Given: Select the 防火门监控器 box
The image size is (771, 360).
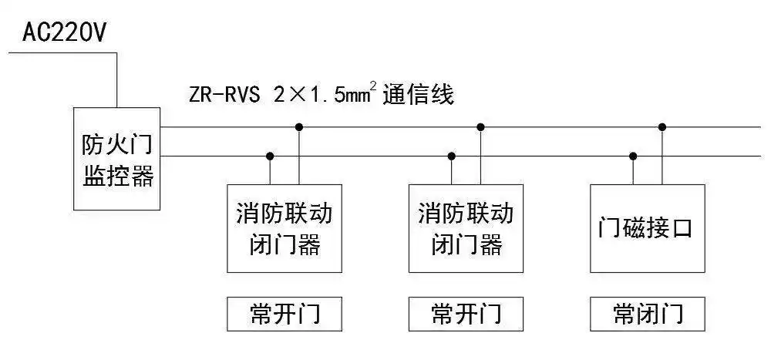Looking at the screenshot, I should click(117, 159).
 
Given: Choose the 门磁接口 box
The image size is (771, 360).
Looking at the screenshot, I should click(648, 228).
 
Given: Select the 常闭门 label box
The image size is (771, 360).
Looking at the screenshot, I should click(648, 314).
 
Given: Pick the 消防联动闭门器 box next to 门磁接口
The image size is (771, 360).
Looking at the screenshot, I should click(466, 228).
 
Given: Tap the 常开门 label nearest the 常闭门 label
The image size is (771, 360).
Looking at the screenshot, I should click(466, 314).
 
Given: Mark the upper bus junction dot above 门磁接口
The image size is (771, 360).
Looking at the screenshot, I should click(662, 126).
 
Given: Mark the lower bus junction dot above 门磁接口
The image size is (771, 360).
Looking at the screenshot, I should click(633, 156).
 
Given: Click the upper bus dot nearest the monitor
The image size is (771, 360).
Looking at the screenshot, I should click(300, 126).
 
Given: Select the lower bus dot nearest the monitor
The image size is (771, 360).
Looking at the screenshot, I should click(270, 156).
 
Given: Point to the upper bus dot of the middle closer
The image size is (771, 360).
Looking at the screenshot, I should click(481, 126).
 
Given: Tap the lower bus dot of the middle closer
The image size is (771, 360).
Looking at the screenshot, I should click(452, 156).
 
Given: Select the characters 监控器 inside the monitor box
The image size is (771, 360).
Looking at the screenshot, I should click(117, 178).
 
